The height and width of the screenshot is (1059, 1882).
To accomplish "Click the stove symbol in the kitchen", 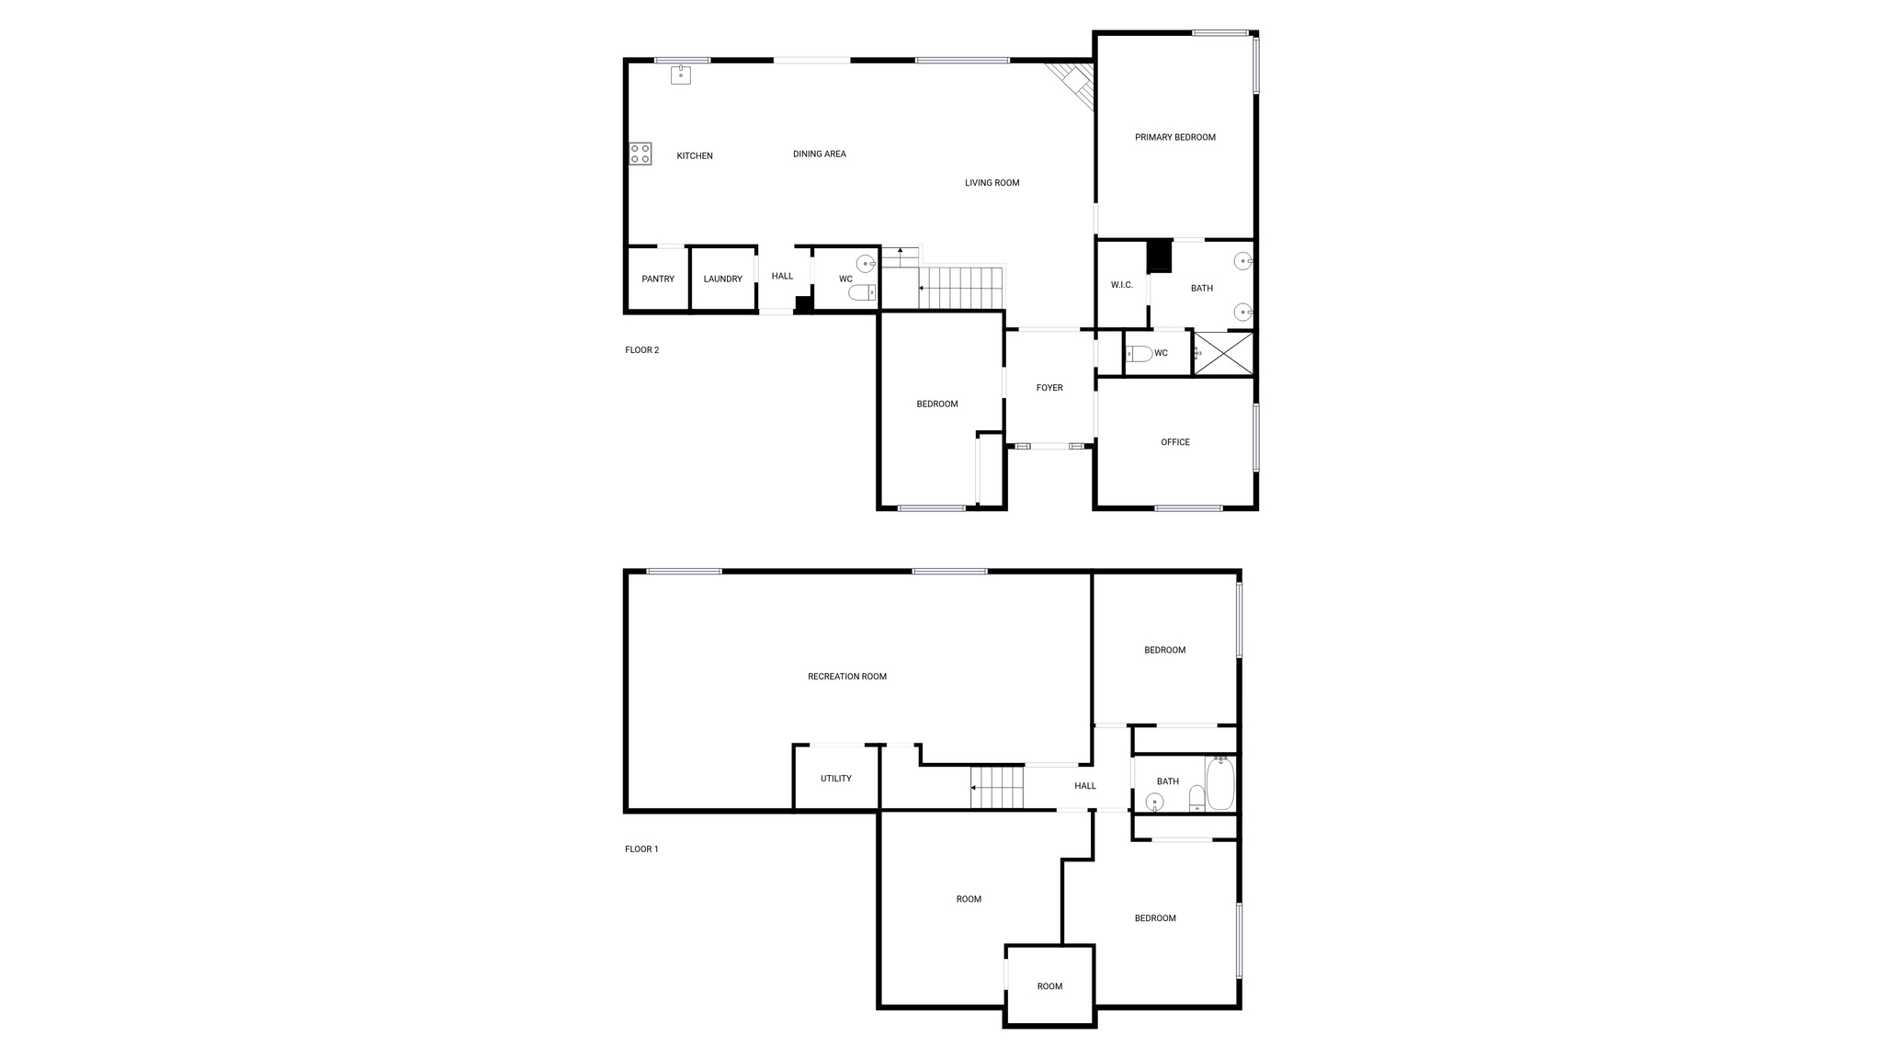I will (x=641, y=154).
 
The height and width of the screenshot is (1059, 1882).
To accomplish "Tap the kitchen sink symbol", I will (x=680, y=74).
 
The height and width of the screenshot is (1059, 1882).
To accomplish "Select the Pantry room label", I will (x=658, y=279).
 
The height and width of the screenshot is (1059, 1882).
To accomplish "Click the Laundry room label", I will (x=723, y=279).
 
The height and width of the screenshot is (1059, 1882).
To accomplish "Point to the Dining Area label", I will (x=820, y=154).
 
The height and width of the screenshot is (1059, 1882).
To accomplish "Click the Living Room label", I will (x=992, y=183).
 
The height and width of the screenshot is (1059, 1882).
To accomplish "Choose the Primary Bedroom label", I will (x=1175, y=138).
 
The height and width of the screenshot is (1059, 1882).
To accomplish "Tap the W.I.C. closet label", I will (x=1122, y=285).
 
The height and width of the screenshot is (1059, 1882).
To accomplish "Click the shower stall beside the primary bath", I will (x=1223, y=353).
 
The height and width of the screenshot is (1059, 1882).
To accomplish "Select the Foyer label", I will (x=1049, y=388).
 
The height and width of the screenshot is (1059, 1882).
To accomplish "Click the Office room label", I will (x=1175, y=442).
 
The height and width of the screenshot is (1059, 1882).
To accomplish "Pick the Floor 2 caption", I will (x=642, y=350).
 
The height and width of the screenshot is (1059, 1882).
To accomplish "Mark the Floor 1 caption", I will (x=641, y=849).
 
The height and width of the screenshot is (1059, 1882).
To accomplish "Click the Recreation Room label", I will (x=847, y=677).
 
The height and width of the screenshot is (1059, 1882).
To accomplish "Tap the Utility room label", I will (x=836, y=779).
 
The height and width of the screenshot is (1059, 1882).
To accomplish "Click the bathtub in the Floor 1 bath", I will (x=1220, y=783).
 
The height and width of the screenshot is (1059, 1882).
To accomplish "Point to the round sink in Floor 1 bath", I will (x=1154, y=802).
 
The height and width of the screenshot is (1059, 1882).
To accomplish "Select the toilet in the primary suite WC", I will (x=1139, y=354).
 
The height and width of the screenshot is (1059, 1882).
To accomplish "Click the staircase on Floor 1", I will (x=997, y=788).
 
